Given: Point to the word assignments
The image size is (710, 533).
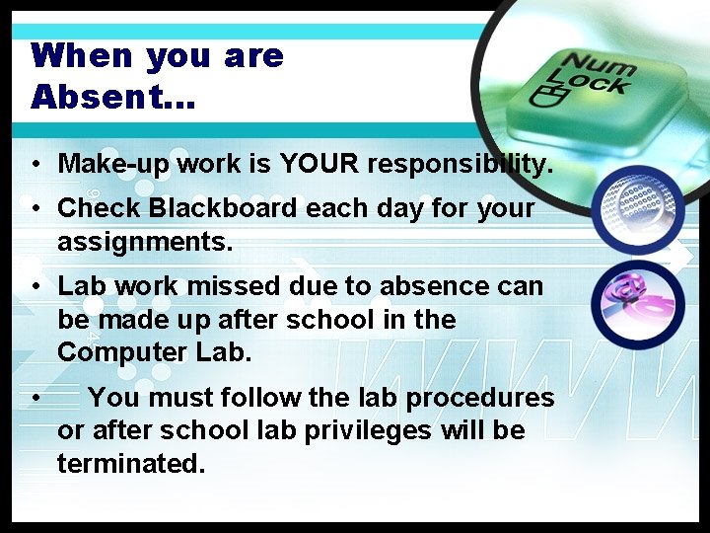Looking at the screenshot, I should coord(145,241).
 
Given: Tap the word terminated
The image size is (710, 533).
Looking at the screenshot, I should coord(131,463).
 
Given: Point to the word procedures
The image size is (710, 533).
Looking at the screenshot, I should coord(480,398).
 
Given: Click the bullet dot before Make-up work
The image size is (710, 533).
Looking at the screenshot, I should coord(35,163).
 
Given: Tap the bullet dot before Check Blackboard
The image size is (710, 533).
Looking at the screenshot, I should coord(35,209).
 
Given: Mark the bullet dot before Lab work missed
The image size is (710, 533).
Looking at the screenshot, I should coord(35,287).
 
